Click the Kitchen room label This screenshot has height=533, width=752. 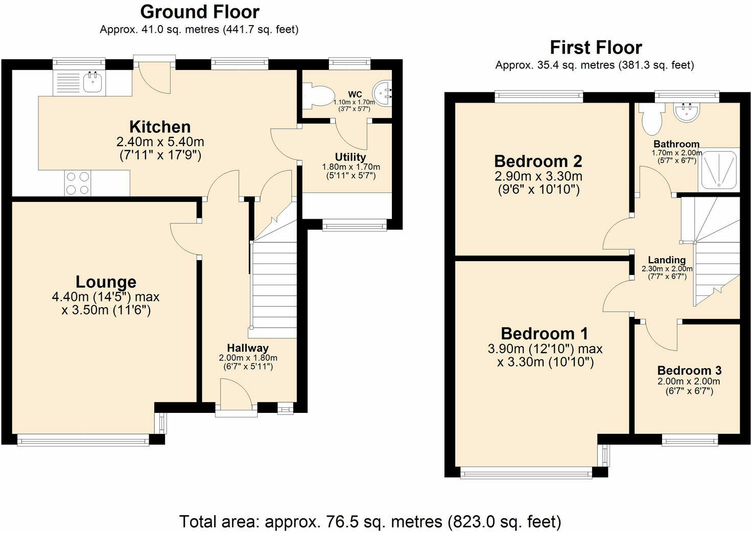tap(160, 127)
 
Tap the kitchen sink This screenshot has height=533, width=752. tap(92, 82)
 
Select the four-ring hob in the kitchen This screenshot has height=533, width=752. tap(77, 183)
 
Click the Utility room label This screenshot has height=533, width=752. tap(350, 157)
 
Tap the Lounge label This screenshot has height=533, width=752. tap(106, 282)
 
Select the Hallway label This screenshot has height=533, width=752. tap(248, 348)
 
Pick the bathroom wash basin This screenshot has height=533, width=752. tap(686, 112)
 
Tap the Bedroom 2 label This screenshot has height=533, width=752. tap(538, 161)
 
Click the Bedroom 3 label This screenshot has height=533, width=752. tap(689, 370)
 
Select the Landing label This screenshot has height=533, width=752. tap(667, 260)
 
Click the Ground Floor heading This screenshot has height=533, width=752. tap(200, 11)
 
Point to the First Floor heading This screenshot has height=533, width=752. tap(595, 48)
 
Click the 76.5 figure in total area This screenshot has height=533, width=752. tap(341, 522)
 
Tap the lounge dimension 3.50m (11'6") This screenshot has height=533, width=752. tap(106, 310)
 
